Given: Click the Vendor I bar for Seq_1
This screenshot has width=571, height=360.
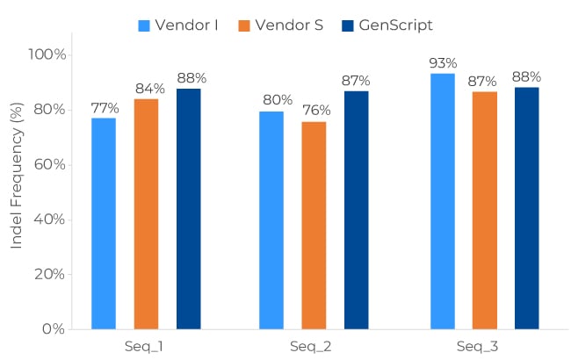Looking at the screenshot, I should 104,223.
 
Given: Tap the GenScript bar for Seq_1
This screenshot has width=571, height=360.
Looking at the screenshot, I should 189,208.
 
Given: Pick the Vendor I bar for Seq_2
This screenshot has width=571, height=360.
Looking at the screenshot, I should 271,220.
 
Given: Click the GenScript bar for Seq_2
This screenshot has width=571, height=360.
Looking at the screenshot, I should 356,210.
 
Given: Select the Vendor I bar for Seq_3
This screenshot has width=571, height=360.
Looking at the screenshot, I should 443,201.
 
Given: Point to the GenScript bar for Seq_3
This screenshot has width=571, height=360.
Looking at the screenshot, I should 526,208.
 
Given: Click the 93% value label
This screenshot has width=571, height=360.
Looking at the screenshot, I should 443,63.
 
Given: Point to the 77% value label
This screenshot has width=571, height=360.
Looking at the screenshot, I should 105,108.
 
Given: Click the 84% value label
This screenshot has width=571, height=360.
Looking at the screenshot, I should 148,89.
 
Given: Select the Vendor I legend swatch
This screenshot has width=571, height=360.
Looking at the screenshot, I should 144,25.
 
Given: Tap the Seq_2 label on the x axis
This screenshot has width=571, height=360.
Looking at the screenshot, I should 311,346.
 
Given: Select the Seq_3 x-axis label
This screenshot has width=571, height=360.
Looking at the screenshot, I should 478,346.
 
